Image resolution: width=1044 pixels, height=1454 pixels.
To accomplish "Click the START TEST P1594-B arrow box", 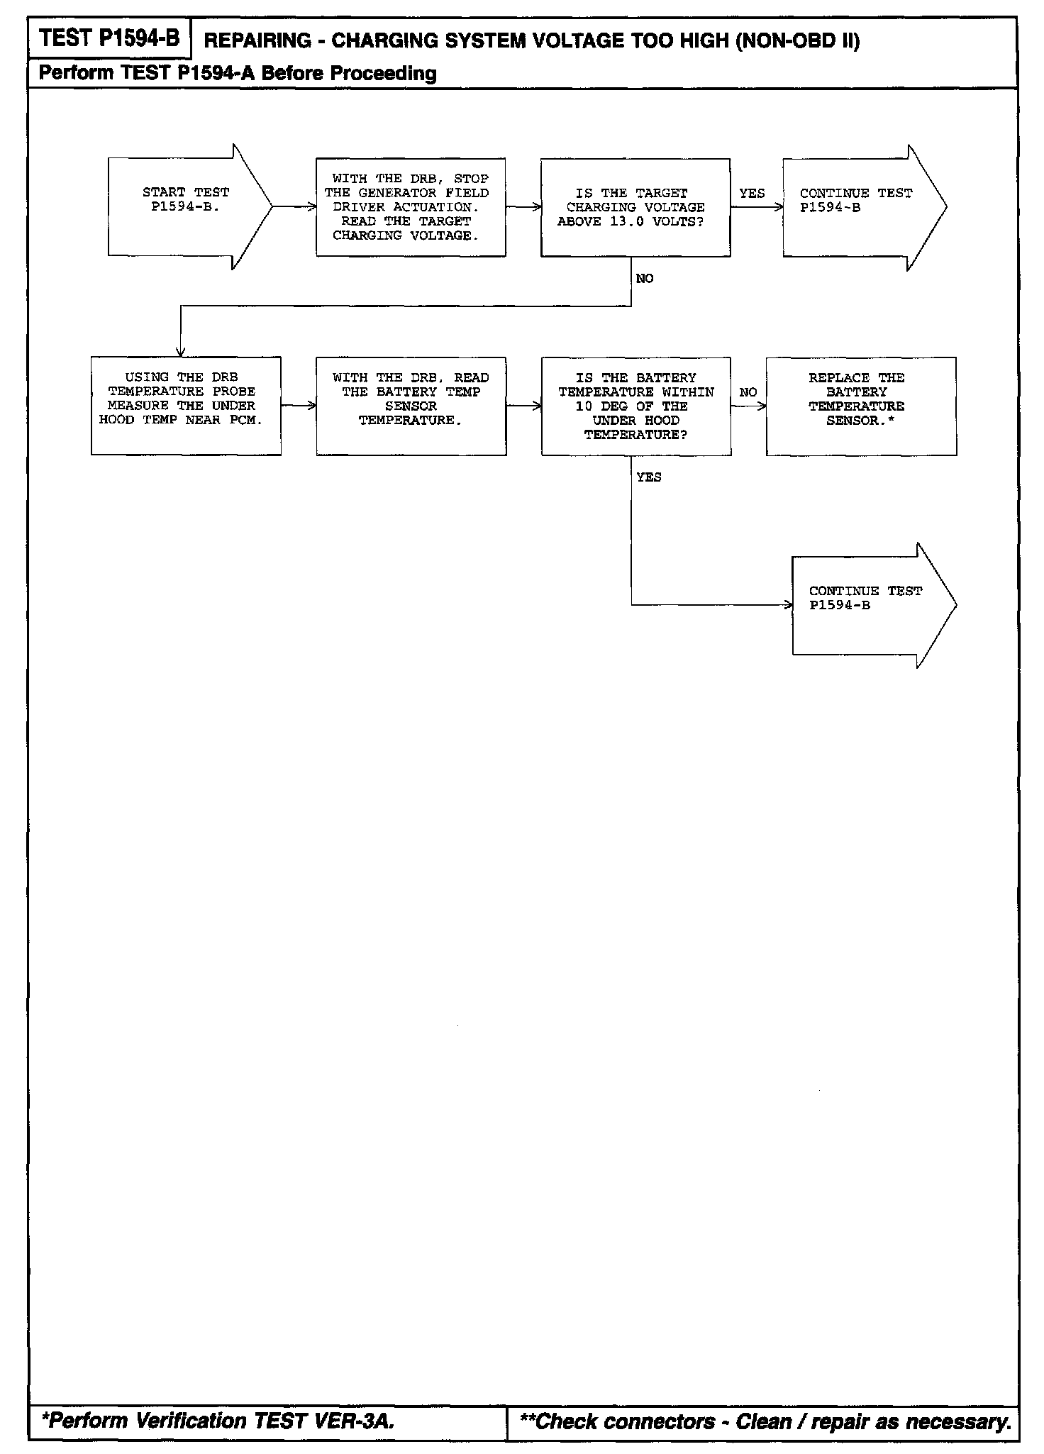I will click(186, 206).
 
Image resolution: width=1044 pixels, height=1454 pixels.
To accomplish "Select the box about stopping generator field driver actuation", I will click(411, 207).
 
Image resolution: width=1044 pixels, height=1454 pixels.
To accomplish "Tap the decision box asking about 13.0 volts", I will click(635, 207).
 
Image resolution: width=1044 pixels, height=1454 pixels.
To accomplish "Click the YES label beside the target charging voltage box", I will click(752, 193).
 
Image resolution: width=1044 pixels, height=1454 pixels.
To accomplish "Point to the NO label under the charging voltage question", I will click(645, 279).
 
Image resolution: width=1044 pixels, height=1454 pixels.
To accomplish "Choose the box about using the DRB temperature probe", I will click(186, 406).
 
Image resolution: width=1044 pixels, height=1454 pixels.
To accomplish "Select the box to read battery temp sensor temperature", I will click(411, 406).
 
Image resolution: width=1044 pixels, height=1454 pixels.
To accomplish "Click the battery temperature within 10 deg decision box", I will click(635, 406).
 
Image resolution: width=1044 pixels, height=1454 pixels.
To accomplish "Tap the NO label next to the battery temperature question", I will click(748, 392).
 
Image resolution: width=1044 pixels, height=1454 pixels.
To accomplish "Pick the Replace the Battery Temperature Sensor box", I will click(860, 406).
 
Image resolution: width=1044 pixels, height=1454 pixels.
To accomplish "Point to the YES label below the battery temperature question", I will click(649, 477).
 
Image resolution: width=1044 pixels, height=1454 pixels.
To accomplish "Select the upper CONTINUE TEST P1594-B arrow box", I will click(857, 207).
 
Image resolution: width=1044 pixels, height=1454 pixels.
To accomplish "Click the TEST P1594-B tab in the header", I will click(110, 38).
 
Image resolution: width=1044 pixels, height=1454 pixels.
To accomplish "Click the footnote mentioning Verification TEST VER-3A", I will click(218, 1421).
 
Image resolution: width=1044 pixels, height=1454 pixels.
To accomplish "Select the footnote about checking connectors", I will click(765, 1421).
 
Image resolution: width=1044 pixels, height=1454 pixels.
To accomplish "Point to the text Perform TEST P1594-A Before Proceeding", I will click(238, 73).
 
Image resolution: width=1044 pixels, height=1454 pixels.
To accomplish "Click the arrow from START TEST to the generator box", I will click(294, 207).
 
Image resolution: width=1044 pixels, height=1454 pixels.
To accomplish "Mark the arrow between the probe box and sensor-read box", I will click(299, 406).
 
